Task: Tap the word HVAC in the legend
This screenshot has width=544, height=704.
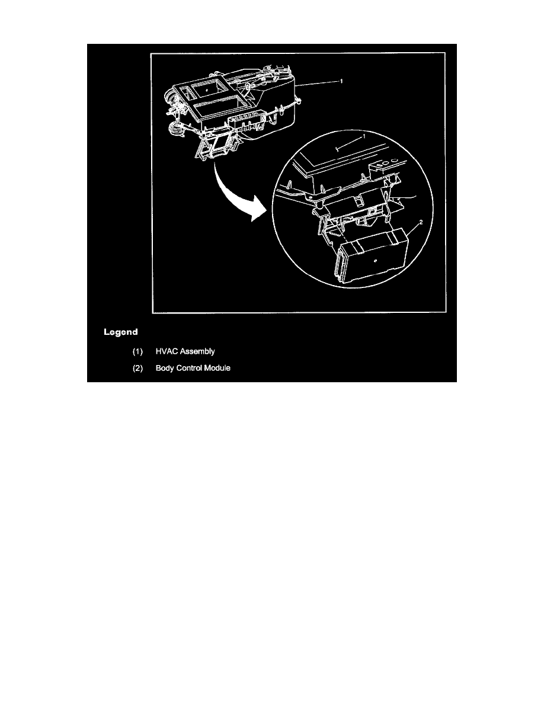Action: [x=168, y=351]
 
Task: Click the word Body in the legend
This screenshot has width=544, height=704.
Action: [x=165, y=369]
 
